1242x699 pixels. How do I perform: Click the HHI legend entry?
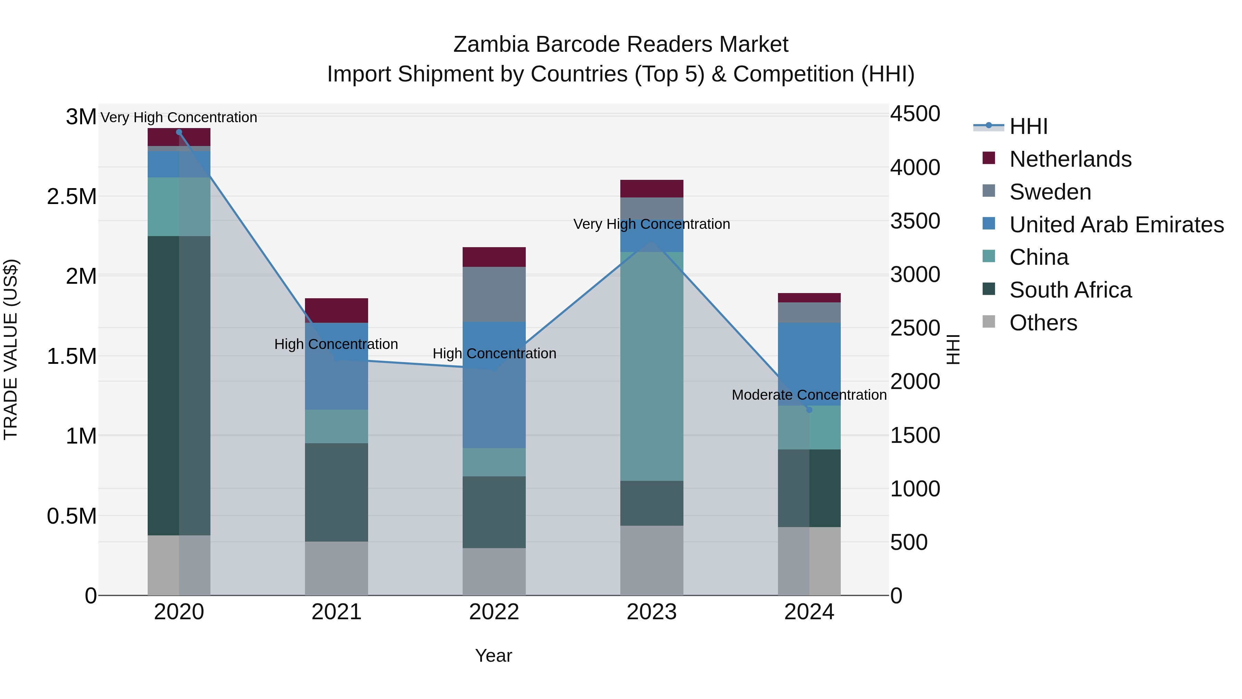click(x=1028, y=126)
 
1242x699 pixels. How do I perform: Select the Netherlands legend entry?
click(x=1070, y=159)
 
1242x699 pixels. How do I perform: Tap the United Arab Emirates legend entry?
click(x=1116, y=225)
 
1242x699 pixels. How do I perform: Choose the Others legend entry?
click(x=1043, y=323)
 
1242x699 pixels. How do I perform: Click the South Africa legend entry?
click(x=1070, y=290)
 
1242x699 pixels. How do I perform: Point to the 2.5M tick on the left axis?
click(x=71, y=197)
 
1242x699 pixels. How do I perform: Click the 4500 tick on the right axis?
click(x=915, y=114)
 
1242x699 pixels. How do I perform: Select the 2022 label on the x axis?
click(x=494, y=612)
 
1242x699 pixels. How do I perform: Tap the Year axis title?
click(x=493, y=656)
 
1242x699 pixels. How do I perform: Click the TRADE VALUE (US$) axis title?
click(x=11, y=349)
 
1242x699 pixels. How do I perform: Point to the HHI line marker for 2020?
click(x=179, y=132)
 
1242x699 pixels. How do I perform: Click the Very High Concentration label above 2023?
click(x=651, y=224)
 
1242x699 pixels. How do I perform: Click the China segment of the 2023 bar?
click(x=651, y=367)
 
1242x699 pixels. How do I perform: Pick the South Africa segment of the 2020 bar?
click(x=178, y=386)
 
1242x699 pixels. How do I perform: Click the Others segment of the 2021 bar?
click(x=336, y=568)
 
